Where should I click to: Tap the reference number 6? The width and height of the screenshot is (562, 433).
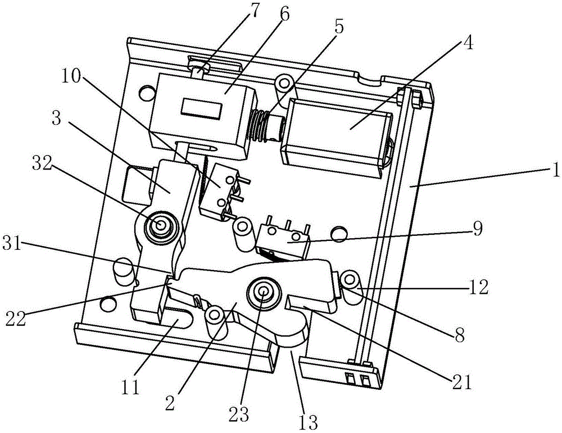(283, 15)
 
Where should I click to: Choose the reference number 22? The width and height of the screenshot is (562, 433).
(15, 318)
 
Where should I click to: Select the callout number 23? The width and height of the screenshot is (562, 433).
(239, 414)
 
